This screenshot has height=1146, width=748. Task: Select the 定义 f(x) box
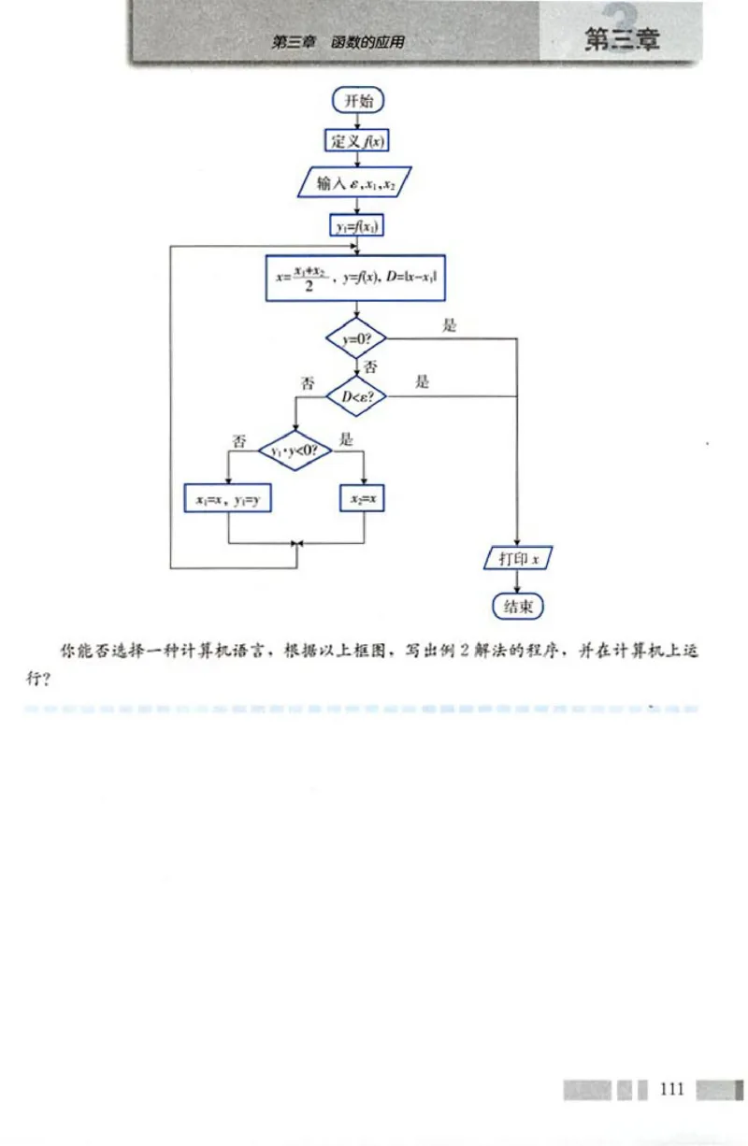point(356,141)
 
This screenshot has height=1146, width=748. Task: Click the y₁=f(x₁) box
point(356,225)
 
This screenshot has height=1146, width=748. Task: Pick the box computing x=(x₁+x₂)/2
point(354,278)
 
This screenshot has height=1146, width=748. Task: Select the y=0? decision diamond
point(356,338)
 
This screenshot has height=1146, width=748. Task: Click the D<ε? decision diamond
point(356,397)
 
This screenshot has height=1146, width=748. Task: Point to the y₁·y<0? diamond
point(295,450)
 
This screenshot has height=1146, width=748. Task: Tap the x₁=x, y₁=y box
point(229,500)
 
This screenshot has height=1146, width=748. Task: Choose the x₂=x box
point(363,500)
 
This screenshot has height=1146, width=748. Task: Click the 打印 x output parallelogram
point(518,559)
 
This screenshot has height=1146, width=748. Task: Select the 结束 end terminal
point(518,606)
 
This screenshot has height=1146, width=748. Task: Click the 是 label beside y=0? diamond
point(449,325)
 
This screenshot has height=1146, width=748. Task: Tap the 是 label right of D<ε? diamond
point(423,382)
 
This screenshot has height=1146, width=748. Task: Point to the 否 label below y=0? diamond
point(370,366)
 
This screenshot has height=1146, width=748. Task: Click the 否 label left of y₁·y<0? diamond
point(240,440)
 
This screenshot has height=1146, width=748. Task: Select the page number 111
point(672,1090)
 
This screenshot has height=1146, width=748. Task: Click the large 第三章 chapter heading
point(622,40)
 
